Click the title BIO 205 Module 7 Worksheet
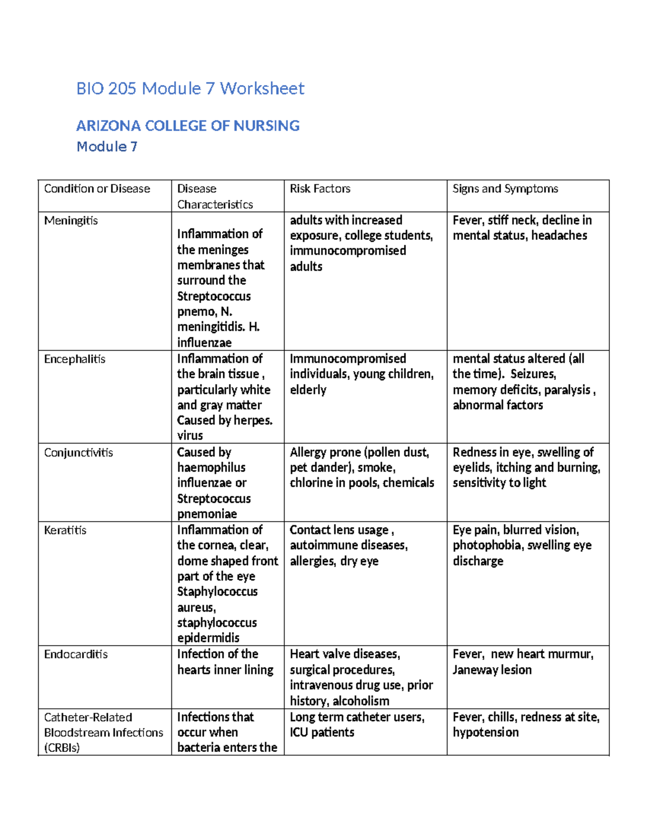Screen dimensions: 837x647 coord(190,88)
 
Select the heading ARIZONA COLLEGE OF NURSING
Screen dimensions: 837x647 coord(188,126)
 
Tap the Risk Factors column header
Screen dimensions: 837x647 coord(320,189)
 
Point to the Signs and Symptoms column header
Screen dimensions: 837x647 coord(505,189)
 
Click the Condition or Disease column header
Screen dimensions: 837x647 coord(97,189)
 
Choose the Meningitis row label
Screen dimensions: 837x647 coord(71,220)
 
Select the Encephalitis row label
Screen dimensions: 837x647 coord(74,359)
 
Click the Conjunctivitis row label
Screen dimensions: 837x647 coord(78,452)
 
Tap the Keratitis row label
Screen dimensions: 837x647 coord(65,530)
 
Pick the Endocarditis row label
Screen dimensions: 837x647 coord(75,654)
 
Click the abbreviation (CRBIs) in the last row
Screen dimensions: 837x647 coord(61,748)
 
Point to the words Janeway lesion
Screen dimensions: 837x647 coord(492,670)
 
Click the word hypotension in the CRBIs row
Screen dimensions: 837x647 coord(485,732)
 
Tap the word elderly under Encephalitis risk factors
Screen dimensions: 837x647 coord(308,390)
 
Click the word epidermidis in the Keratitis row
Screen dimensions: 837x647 coord(208,638)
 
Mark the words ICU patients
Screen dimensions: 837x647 coord(322,732)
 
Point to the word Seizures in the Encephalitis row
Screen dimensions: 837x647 coord(533,374)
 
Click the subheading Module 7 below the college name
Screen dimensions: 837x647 coord(107,147)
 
